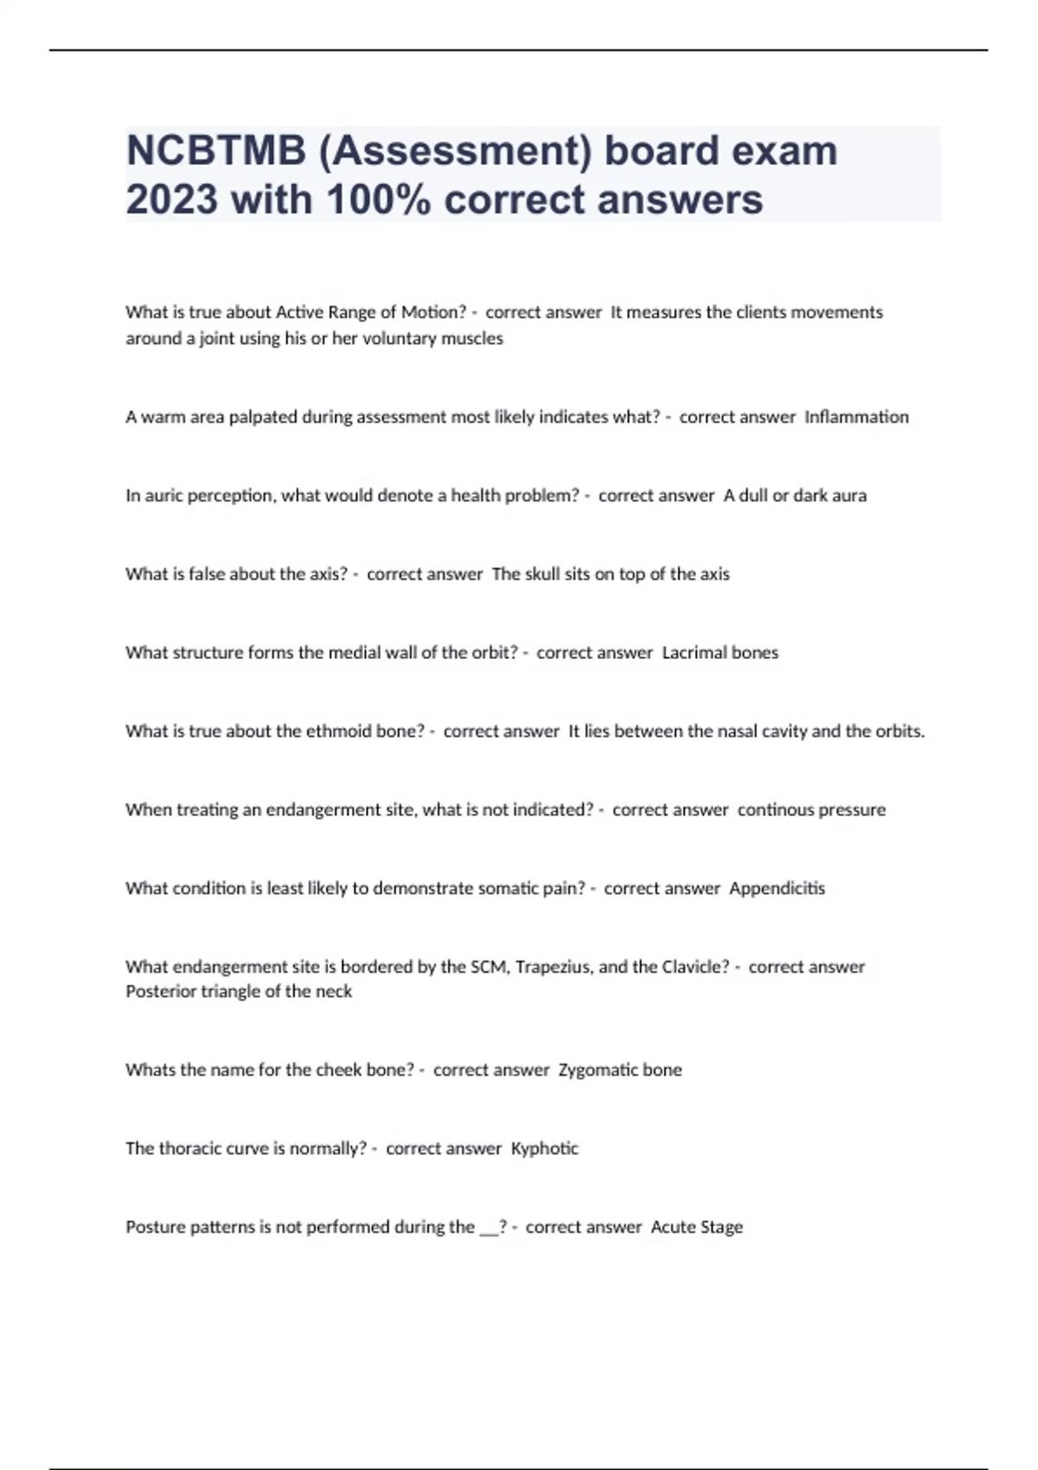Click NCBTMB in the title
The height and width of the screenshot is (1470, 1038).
[215, 150]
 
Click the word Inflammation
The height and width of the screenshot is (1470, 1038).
[856, 417]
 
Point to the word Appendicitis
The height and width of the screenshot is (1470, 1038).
[777, 888]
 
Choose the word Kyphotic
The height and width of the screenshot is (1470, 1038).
[544, 1148]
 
